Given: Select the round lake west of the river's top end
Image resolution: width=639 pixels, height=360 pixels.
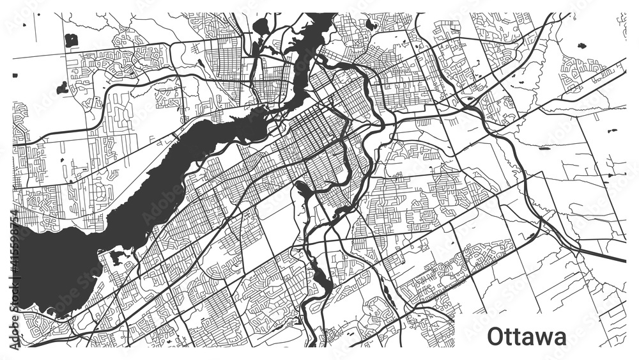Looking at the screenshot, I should point(261,26).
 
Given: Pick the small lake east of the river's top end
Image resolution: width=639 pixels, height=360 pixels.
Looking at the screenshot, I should point(370,25).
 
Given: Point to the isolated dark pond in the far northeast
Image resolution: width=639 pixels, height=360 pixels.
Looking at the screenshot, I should point(581,46).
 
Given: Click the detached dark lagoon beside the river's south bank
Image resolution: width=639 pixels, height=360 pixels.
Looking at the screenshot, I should point(116,256).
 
